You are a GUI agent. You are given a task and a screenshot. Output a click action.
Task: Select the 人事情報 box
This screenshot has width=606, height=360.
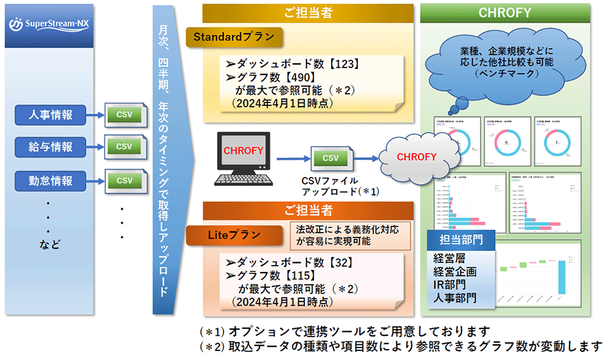(x=48, y=114)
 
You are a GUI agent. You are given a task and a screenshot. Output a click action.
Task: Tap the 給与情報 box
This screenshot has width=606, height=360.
(x=48, y=147)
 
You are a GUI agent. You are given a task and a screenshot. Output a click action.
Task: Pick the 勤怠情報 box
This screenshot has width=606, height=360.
(x=48, y=180)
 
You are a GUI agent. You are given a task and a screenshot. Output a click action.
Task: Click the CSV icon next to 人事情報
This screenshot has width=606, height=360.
(x=124, y=114)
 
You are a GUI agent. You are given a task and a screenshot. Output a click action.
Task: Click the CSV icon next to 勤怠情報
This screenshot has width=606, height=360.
(x=124, y=180)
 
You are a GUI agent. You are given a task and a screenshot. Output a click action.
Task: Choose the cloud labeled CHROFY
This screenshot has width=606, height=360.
(x=416, y=157)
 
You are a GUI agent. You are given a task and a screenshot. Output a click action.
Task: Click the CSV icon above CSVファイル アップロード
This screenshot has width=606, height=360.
(x=331, y=158)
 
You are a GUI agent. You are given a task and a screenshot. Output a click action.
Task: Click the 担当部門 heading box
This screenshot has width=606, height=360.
(x=459, y=241)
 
